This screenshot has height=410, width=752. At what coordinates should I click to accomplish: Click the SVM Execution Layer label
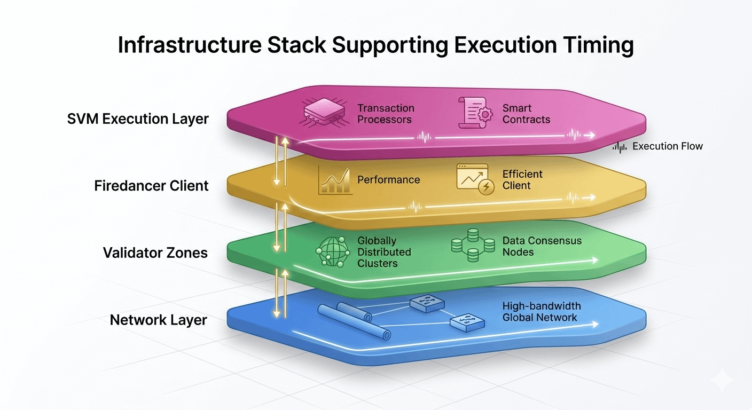pos(138,119)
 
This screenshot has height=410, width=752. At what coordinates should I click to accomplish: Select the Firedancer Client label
pos(151,186)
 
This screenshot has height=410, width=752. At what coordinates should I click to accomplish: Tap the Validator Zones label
pos(155,252)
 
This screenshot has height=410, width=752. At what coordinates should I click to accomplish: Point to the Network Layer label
pos(159,320)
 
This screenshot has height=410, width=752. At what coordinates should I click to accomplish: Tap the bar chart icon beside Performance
pos(334,180)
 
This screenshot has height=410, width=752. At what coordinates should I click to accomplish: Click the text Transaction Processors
pos(385,114)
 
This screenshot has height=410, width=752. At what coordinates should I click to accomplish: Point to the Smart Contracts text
pos(526,114)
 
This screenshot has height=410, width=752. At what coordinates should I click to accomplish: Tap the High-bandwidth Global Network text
pos(541,312)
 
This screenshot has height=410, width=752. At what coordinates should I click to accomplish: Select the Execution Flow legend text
pos(668,146)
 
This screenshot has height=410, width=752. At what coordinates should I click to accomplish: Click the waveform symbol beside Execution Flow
pos(620,147)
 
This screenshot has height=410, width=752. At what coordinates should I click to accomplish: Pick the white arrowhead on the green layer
pos(594,260)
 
